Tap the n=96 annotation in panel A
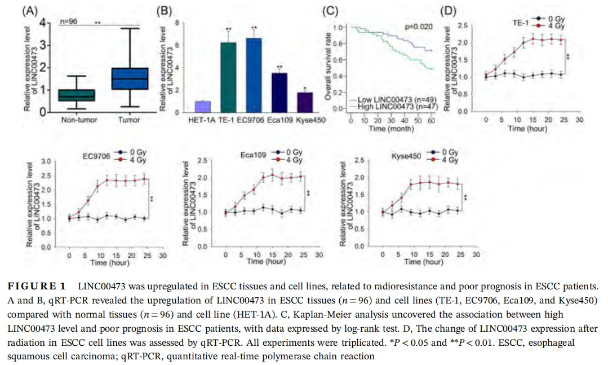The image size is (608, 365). point(69,22)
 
